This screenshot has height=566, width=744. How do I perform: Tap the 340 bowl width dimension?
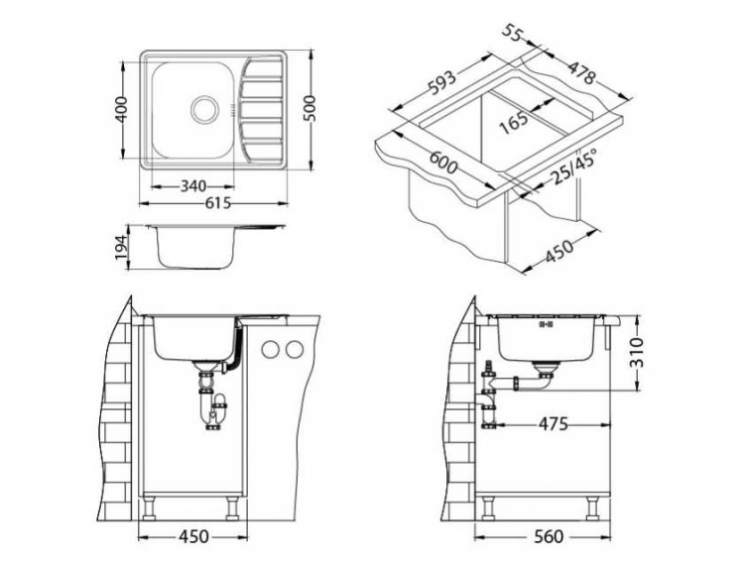[194, 185]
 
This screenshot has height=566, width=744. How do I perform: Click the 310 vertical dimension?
[637, 353]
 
